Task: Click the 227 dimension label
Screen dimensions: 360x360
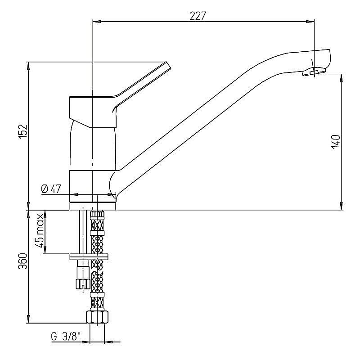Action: click(198, 16)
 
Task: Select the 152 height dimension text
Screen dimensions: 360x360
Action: click(23, 132)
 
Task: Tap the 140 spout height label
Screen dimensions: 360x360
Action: click(336, 142)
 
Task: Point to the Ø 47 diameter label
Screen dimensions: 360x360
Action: click(51, 189)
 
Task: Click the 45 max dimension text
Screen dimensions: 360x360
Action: click(39, 230)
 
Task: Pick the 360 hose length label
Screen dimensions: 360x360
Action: click(23, 261)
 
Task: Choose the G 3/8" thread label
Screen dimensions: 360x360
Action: click(66, 337)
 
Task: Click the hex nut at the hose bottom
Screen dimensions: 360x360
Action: click(97, 317)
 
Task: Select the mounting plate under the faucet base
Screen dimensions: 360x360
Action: click(89, 256)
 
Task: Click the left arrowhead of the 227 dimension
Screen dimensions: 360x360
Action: click(96, 22)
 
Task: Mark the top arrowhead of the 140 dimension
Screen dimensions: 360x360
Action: click(342, 78)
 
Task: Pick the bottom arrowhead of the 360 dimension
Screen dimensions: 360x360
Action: click(28, 319)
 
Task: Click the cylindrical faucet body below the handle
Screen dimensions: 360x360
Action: click(93, 148)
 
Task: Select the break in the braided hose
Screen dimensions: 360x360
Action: click(97, 269)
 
